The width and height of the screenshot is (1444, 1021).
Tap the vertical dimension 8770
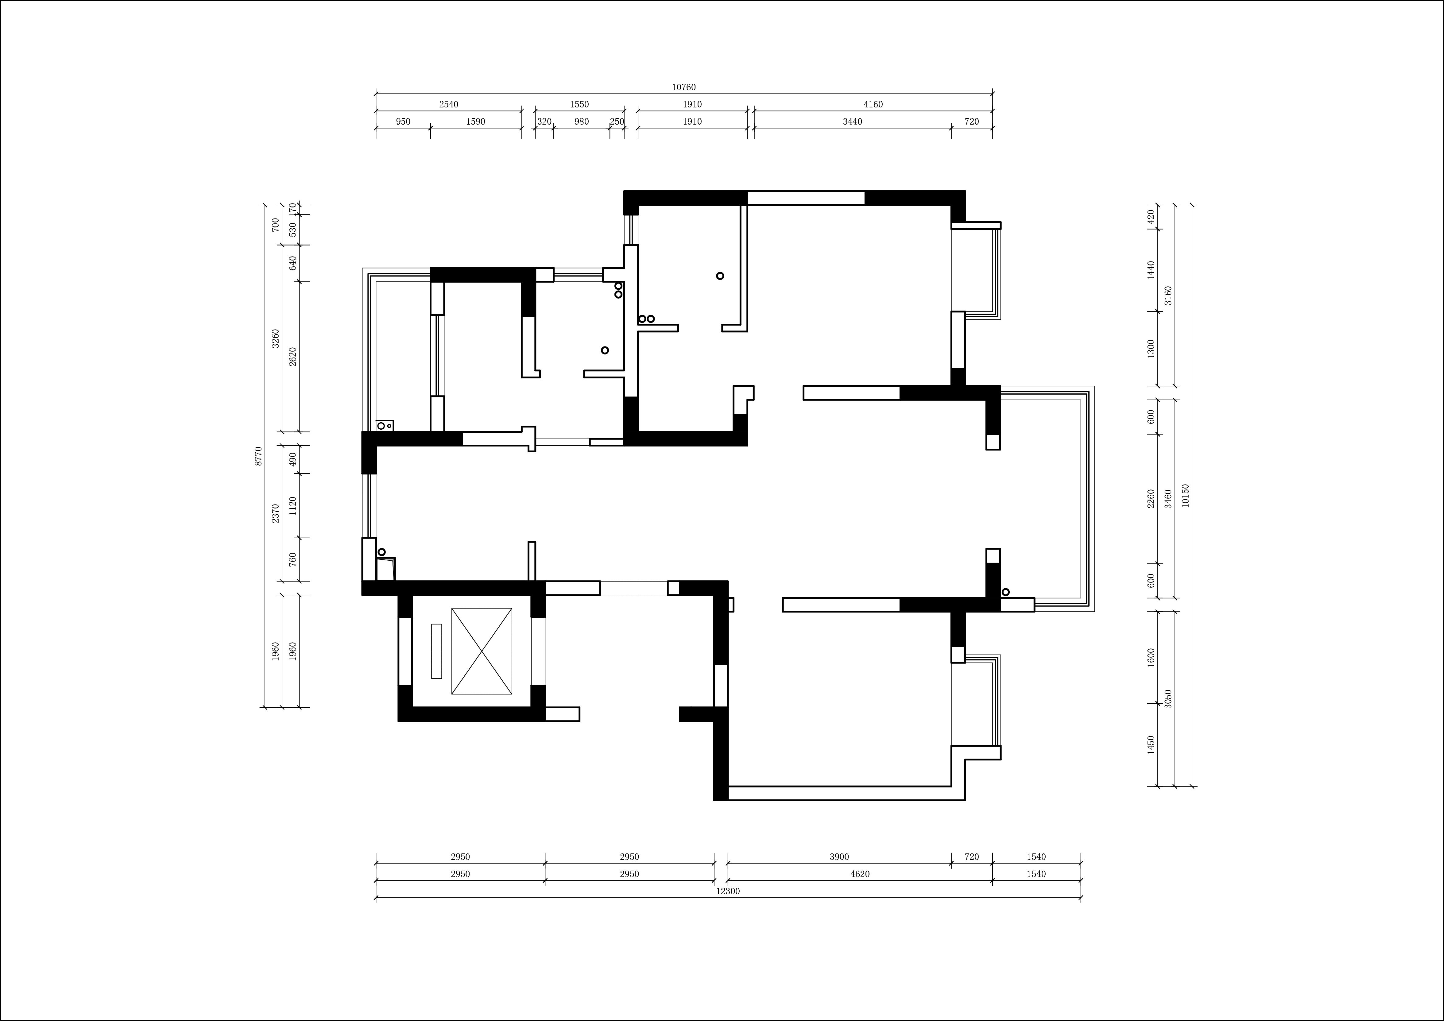click(x=258, y=456)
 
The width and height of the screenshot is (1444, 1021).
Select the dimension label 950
click(x=403, y=121)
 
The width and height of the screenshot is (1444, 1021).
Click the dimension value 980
click(x=582, y=121)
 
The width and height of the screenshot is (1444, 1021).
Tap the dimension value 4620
click(x=860, y=874)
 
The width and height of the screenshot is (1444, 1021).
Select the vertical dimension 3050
click(x=1168, y=699)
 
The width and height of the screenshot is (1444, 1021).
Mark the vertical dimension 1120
click(x=292, y=506)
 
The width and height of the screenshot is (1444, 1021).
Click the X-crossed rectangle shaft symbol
click(x=482, y=651)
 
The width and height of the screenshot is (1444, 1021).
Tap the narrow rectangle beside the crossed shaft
click(x=436, y=651)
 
